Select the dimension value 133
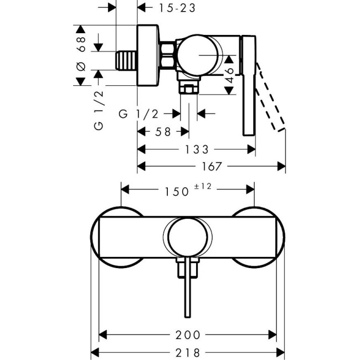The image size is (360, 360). (x=197, y=150)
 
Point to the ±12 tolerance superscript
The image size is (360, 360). (x=203, y=187)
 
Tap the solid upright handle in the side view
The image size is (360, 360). (x=249, y=86)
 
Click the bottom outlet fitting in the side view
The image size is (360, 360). (x=188, y=88)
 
